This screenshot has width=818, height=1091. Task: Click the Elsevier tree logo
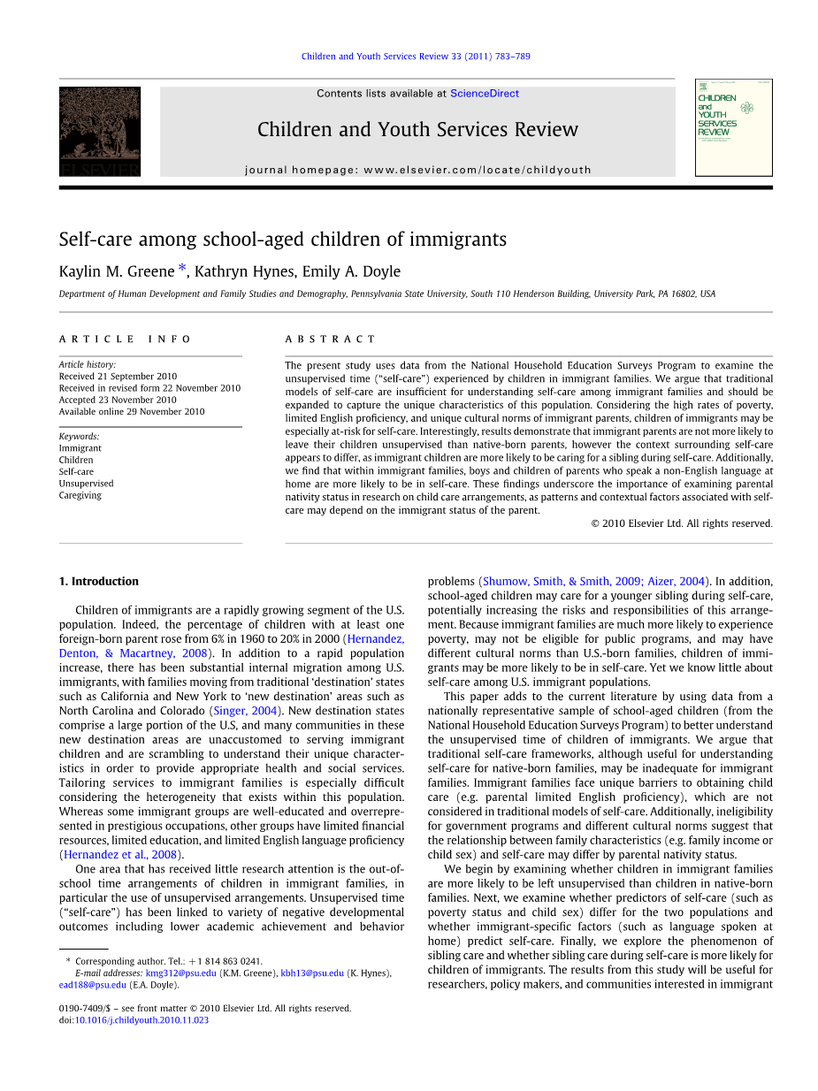point(99,130)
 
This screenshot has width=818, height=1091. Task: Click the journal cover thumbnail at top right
point(733,126)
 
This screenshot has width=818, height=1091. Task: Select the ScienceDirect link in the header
point(484,94)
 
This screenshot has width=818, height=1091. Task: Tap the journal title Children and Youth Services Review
point(417,130)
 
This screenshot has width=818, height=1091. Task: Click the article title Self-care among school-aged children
point(282,240)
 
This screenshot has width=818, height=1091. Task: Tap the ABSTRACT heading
point(330,339)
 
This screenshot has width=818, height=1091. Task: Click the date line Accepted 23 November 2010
point(117,400)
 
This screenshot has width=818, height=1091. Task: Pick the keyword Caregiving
point(80,495)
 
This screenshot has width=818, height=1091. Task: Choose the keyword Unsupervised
point(86,484)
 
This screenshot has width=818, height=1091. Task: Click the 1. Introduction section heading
point(99,582)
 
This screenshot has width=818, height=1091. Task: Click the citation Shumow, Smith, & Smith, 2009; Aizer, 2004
point(593,582)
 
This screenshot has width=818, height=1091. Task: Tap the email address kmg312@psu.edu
point(180,973)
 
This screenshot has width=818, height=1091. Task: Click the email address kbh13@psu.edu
point(312,973)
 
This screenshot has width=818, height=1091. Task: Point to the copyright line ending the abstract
point(681,523)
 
